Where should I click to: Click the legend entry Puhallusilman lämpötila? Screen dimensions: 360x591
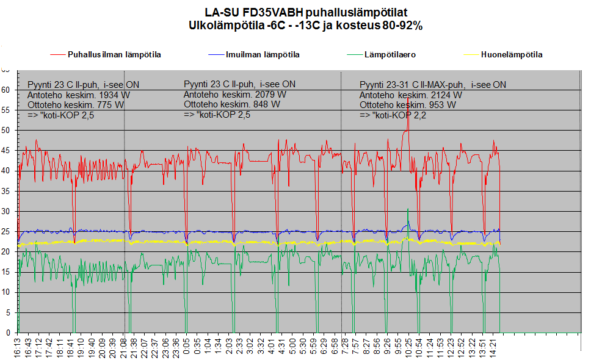[114, 54]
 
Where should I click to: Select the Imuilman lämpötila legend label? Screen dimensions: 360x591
[263, 54]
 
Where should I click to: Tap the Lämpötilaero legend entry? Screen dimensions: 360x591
[390, 54]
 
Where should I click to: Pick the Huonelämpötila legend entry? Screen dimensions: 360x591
[512, 54]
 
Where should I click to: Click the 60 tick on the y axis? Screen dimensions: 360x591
[6, 90]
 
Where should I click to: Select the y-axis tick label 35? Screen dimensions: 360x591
[6, 191]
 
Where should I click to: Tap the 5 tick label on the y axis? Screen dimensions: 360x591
[8, 312]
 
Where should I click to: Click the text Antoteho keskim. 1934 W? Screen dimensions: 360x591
[79, 95]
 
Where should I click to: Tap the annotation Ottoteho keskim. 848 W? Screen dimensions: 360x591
[231, 104]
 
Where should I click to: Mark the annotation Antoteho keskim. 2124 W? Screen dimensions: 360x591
[410, 95]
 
